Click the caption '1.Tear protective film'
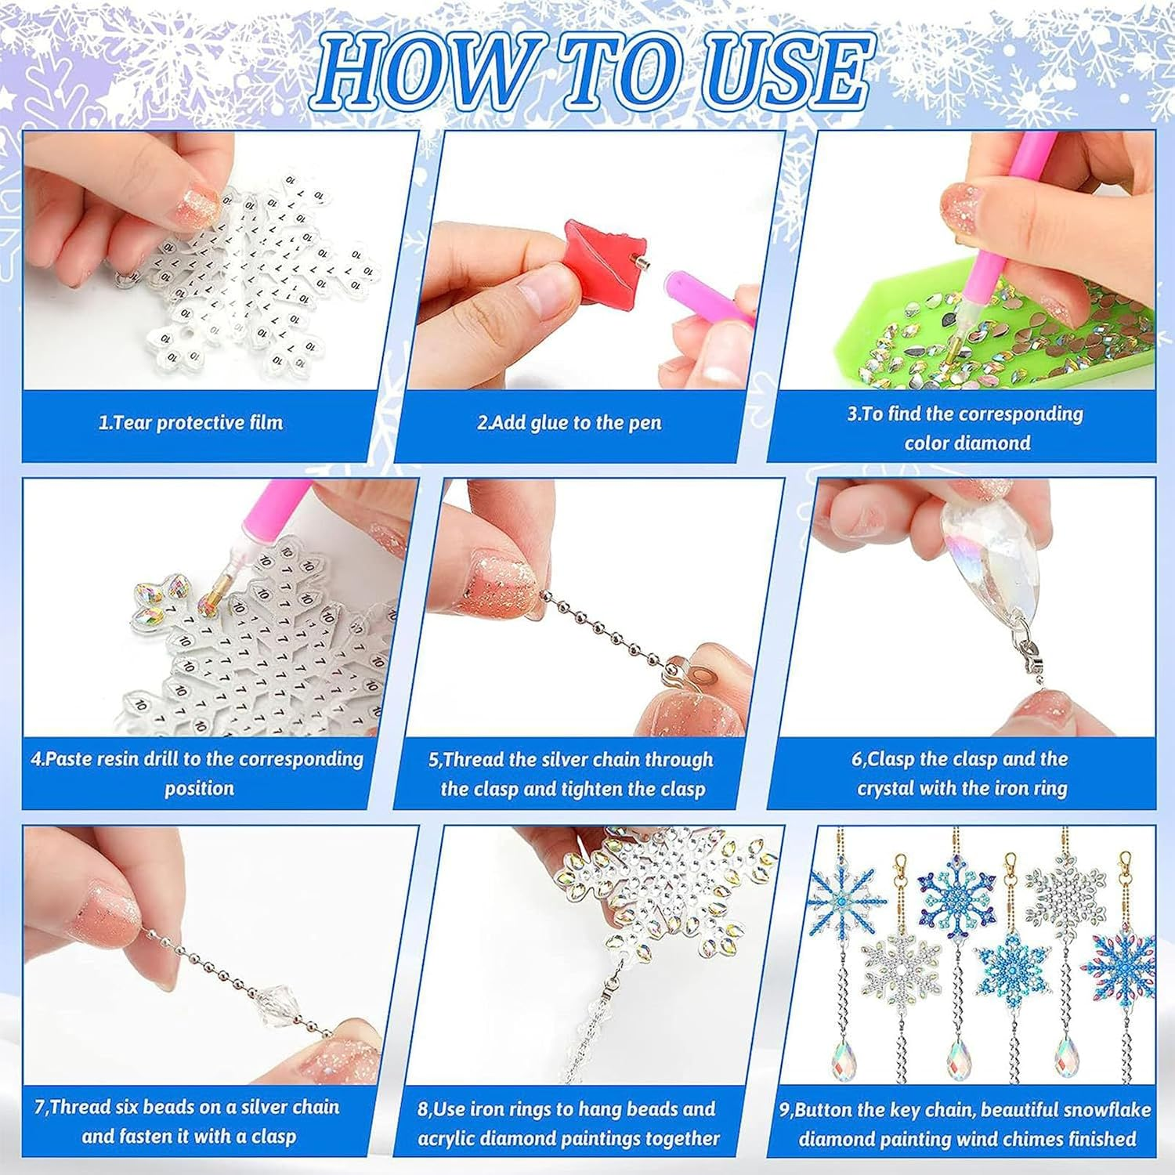pos(190,423)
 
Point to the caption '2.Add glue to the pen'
pos(569,423)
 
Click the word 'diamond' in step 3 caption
pos(994,443)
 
